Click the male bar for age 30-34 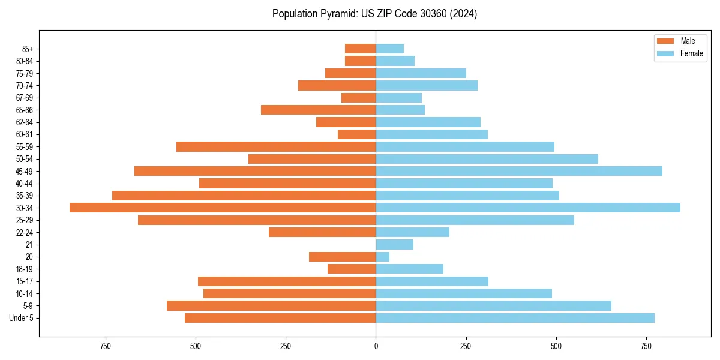click(x=223, y=208)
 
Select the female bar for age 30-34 click(x=528, y=208)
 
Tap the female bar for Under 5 click(x=515, y=318)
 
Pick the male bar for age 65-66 click(x=318, y=110)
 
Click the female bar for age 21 click(x=394, y=244)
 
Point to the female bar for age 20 click(x=383, y=257)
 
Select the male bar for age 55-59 click(x=276, y=146)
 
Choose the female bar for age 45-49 click(x=519, y=171)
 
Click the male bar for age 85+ click(x=360, y=49)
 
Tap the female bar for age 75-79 click(x=421, y=73)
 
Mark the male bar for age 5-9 click(x=271, y=305)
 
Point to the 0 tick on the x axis click(x=376, y=346)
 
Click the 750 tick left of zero click(x=106, y=346)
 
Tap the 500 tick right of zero click(x=556, y=346)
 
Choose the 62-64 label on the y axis click(x=24, y=122)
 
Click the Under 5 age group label click(x=21, y=318)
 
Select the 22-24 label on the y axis click(x=24, y=232)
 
